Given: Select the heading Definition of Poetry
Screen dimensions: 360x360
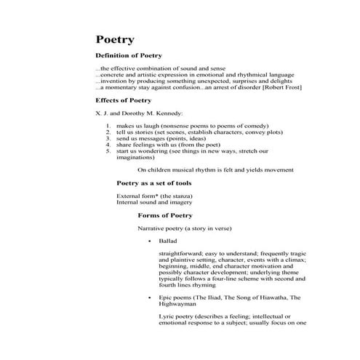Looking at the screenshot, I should point(129,56).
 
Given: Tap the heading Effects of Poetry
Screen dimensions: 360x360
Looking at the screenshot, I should point(124,100).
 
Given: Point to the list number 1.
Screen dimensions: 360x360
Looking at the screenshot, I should point(108,126).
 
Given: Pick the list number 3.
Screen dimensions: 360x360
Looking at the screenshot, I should point(108,137).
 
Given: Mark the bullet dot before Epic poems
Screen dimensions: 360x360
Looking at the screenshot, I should point(149,298).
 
